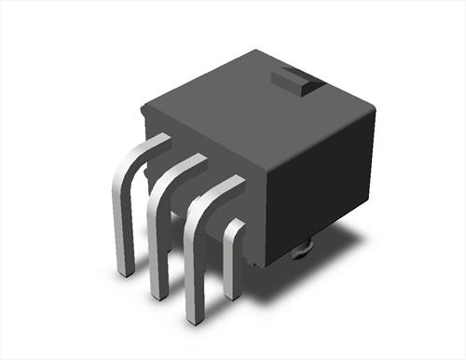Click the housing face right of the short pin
tap(256, 238)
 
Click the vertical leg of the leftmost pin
tap(118, 224)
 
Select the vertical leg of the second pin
tap(157, 247)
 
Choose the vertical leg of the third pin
tap(194, 270)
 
